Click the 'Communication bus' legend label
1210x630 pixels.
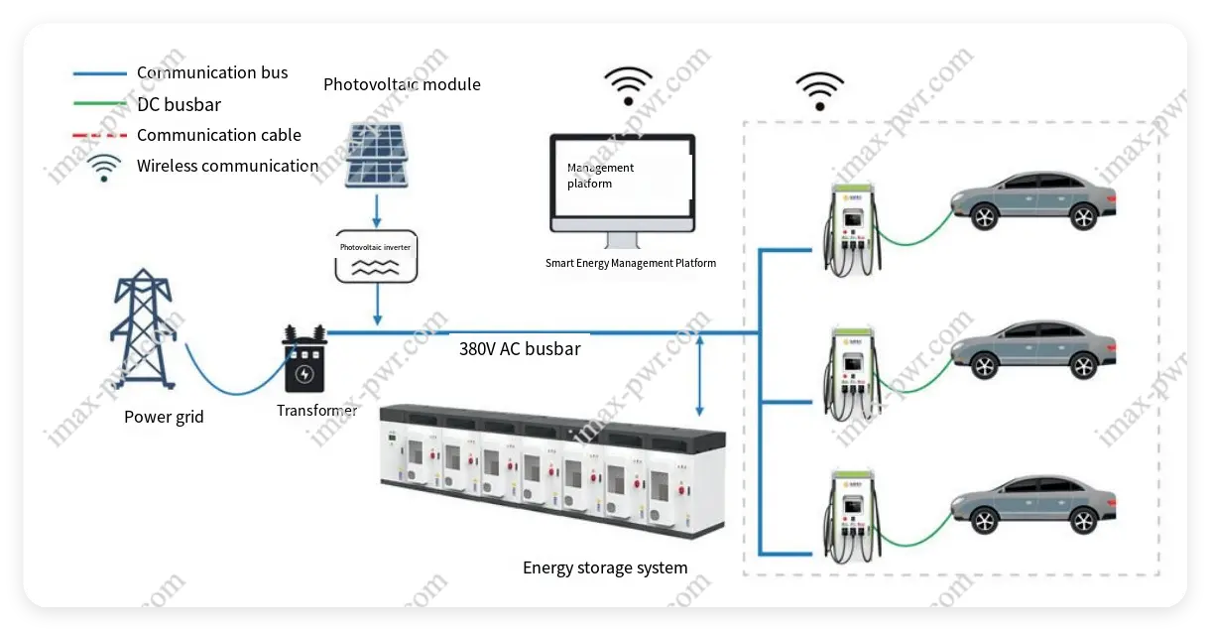pyautogui.click(x=212, y=72)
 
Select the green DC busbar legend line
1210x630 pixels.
pyautogui.click(x=100, y=104)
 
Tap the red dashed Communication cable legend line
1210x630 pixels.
pyautogui.click(x=100, y=135)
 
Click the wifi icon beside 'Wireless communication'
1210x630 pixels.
pyautogui.click(x=104, y=168)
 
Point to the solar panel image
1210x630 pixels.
pyautogui.click(x=376, y=155)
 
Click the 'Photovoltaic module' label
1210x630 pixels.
pyautogui.click(x=402, y=84)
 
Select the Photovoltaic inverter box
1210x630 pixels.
pyautogui.click(x=376, y=256)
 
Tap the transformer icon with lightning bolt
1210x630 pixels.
pyautogui.click(x=304, y=365)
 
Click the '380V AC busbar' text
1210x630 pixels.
pyautogui.click(x=520, y=349)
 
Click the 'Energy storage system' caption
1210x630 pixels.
pyautogui.click(x=605, y=567)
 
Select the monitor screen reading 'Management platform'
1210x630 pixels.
pyautogui.click(x=623, y=184)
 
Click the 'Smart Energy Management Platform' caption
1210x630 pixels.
pyautogui.click(x=631, y=263)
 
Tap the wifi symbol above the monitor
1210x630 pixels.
pyautogui.click(x=629, y=85)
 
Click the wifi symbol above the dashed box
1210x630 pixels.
pyautogui.click(x=820, y=90)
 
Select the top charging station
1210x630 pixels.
pyautogui.click(x=853, y=226)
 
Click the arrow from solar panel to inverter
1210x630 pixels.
pyautogui.click(x=376, y=209)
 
